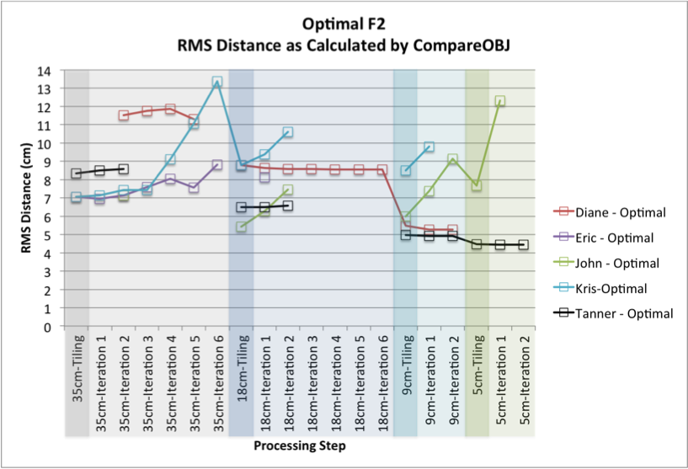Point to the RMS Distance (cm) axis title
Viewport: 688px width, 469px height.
coord(27,200)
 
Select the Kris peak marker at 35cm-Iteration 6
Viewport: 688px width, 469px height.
coord(217,83)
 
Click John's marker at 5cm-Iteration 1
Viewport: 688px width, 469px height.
coord(500,101)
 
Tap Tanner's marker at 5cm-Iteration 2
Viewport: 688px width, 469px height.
coord(523,244)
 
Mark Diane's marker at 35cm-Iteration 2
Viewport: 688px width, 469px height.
coord(123,115)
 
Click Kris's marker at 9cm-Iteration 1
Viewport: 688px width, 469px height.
coord(429,147)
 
